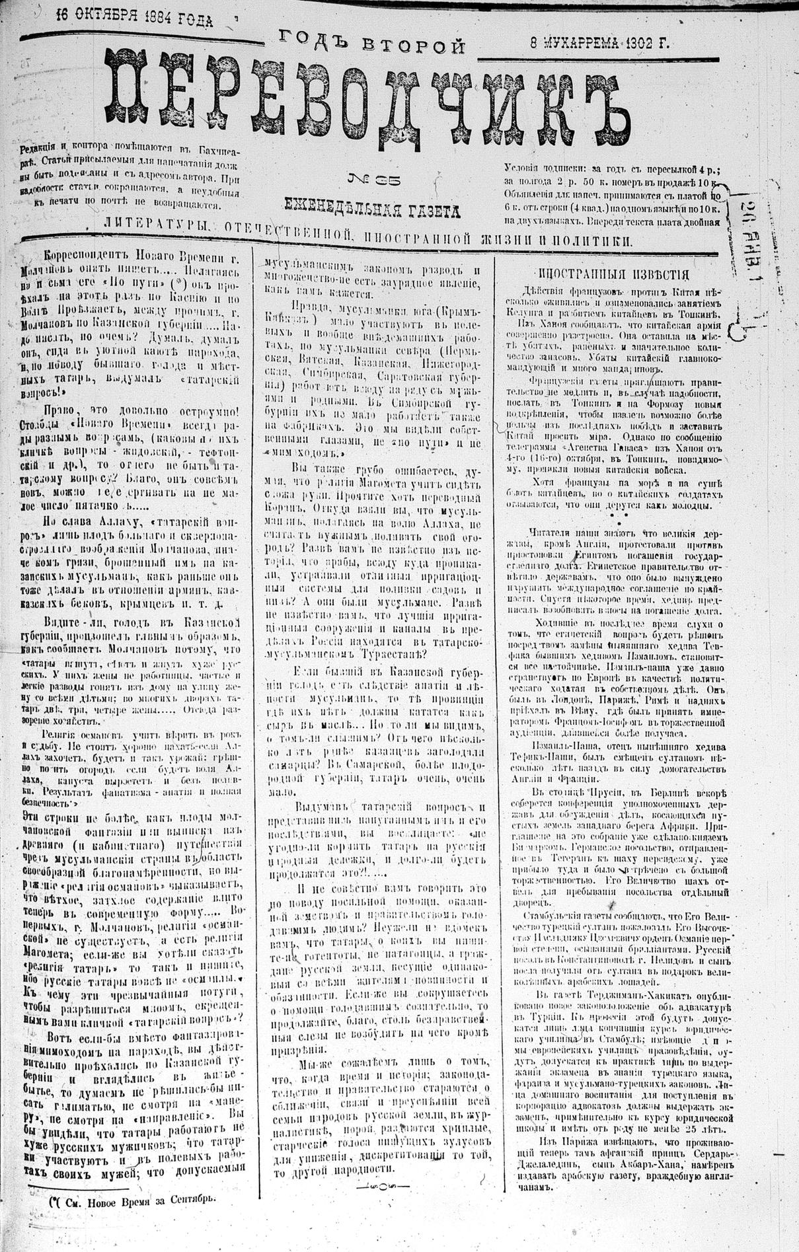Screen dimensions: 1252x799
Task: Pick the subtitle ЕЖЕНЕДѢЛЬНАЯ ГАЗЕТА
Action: click(371, 209)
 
